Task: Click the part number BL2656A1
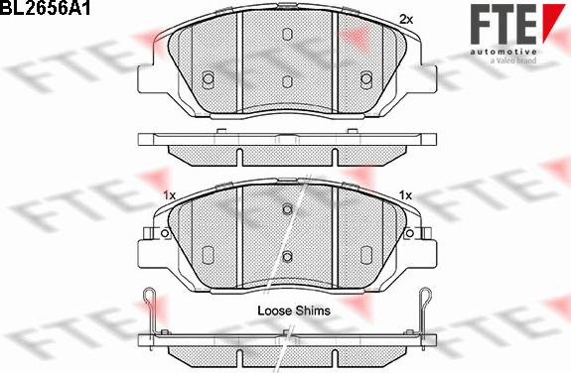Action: (45, 8)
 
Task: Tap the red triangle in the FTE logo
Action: (553, 19)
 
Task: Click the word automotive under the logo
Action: (503, 52)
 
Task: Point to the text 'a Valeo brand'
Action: (513, 61)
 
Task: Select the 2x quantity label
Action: (406, 19)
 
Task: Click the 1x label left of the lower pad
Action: (170, 195)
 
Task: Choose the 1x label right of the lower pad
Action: (405, 195)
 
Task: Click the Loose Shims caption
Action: (294, 311)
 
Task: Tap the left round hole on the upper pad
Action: (208, 78)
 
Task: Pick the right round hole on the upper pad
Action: (366, 78)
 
